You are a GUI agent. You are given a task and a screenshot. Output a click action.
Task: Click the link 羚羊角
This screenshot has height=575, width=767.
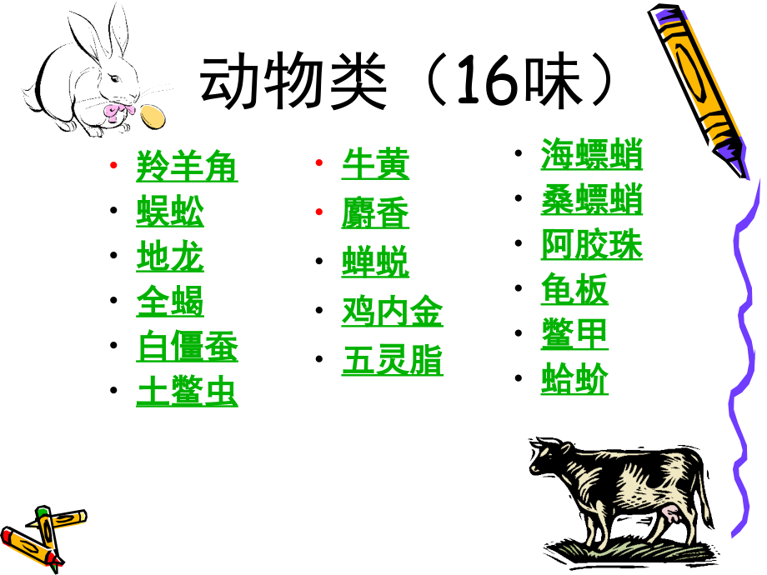click(x=187, y=167)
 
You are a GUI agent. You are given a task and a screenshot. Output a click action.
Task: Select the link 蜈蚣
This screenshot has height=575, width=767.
click(x=170, y=212)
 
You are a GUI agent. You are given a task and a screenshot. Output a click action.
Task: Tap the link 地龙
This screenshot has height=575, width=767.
click(x=170, y=257)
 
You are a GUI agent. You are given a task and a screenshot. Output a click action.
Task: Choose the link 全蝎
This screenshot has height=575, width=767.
click(x=170, y=302)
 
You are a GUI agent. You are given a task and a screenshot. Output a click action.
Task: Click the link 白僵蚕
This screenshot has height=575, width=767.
click(x=187, y=347)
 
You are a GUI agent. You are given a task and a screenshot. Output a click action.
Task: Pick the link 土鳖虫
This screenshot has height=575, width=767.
click(x=187, y=392)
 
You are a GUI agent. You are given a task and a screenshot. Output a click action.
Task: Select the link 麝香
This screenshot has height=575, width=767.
click(x=375, y=214)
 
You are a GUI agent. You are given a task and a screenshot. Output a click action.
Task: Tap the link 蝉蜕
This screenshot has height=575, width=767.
click(x=375, y=262)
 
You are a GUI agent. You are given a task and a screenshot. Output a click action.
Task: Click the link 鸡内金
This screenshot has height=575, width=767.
click(x=392, y=312)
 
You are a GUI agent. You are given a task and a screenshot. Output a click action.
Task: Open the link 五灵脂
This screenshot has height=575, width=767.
click(x=392, y=361)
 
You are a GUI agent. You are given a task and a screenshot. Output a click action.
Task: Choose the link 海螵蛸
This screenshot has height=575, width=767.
click(x=591, y=156)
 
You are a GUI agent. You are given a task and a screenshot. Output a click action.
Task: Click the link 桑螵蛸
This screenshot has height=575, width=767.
click(x=591, y=201)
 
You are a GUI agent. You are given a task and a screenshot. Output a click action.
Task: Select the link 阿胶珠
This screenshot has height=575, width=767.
click(x=591, y=246)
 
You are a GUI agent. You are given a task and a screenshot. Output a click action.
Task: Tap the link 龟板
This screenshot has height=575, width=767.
click(x=574, y=290)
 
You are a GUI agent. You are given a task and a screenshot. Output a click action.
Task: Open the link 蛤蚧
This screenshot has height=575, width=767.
click(x=574, y=380)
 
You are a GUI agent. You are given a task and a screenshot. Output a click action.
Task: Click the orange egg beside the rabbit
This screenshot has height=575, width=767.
click(x=152, y=116)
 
